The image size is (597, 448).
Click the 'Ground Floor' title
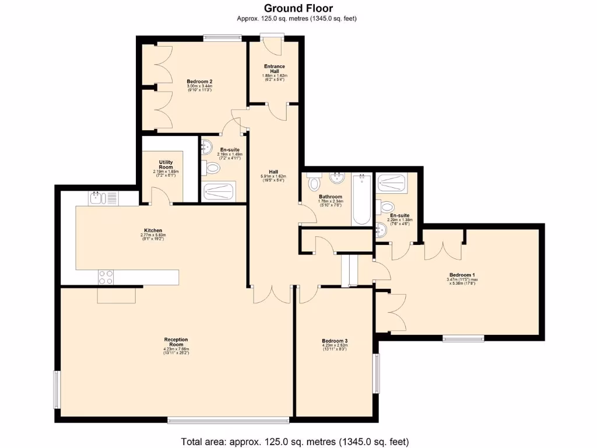pos(298,8)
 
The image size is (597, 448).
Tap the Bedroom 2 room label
pos(199,82)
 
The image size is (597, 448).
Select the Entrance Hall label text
pos(273,69)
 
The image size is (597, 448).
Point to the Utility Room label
pos(166,164)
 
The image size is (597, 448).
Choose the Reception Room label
pos(175,342)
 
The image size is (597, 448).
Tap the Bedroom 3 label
pos(335,341)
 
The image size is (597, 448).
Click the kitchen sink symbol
pos(98,198)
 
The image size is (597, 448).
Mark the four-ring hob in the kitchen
pos(106,276)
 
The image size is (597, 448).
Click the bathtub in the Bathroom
pos(361,199)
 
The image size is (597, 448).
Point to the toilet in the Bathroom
pos(313,183)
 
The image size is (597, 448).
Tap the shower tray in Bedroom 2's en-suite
pos(218,191)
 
